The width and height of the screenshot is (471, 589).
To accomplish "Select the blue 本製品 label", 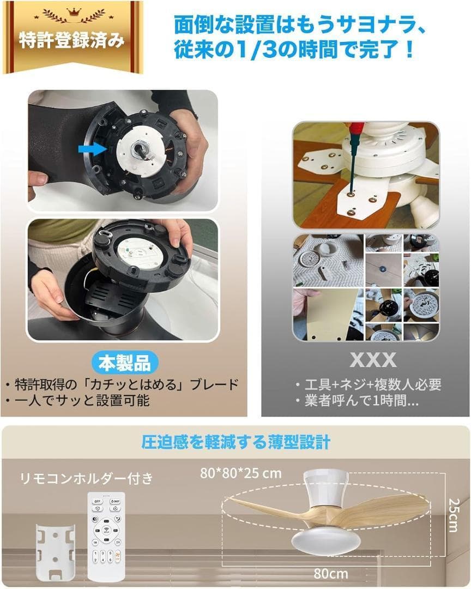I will click(x=124, y=362).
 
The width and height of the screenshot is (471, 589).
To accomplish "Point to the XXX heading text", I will click(x=373, y=360).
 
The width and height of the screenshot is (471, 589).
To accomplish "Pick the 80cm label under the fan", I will click(x=330, y=573).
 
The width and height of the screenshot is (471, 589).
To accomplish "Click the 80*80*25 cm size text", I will click(x=240, y=473).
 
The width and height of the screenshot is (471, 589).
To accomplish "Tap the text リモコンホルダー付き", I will click(x=87, y=478).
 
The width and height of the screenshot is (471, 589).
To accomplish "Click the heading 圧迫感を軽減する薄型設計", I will click(x=235, y=441).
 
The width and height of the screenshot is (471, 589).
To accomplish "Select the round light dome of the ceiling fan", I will click(x=326, y=540).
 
